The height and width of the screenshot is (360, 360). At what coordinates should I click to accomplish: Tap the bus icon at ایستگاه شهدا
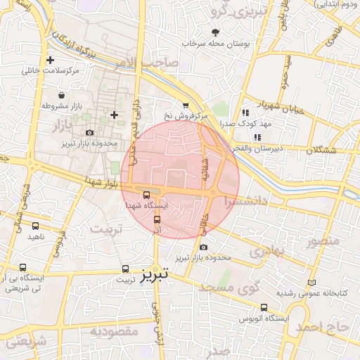[x=146, y=195]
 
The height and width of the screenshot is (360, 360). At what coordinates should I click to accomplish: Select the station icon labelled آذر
[x=157, y=219]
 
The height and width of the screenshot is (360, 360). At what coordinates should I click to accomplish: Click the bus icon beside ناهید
[x=35, y=226]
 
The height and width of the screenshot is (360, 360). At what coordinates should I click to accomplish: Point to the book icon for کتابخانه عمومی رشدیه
[x=312, y=283]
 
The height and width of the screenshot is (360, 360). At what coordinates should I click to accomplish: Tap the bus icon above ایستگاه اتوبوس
[x=264, y=307]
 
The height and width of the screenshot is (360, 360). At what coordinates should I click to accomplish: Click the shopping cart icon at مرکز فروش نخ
[x=186, y=104]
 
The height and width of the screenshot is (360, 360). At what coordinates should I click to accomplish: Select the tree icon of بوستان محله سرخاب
[x=215, y=32]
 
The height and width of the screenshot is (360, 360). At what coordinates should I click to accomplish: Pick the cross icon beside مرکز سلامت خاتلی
[x=50, y=60]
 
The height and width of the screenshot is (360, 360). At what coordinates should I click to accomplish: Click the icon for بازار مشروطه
[x=62, y=96]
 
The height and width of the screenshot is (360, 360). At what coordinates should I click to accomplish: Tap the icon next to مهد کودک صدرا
[x=245, y=112]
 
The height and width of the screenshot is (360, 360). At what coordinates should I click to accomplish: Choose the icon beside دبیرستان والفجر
[x=258, y=136]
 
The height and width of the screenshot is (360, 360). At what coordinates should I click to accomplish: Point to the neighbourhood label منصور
[x=322, y=242]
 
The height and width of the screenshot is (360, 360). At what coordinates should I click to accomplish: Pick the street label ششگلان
[x=321, y=150]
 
